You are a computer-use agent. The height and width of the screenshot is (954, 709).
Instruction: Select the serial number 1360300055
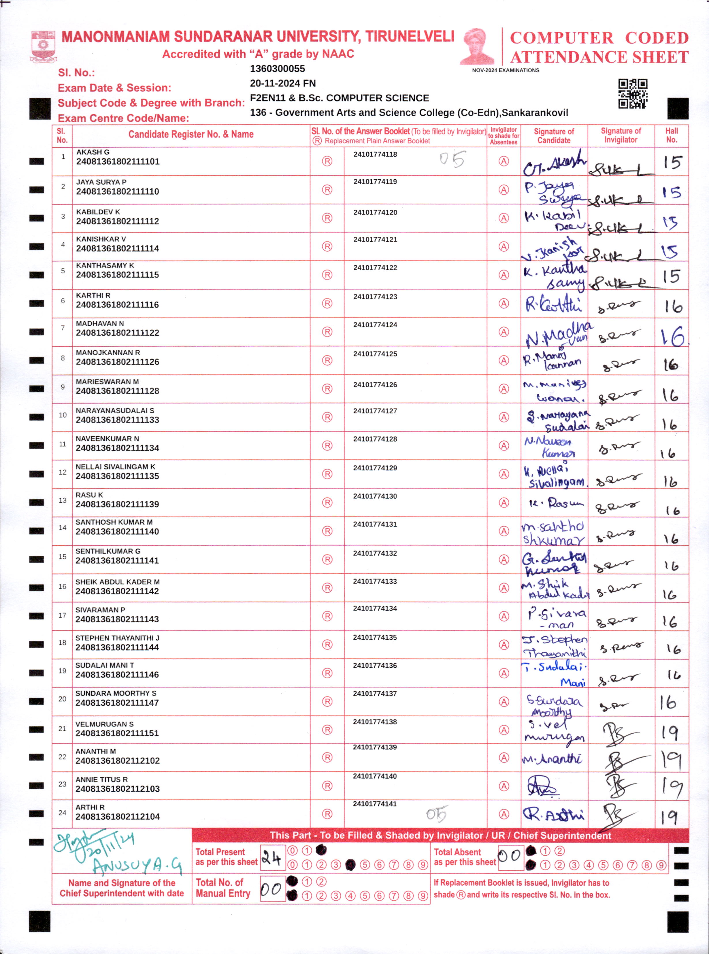[277, 69]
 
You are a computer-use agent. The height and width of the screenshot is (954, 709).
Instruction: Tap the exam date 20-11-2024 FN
[282, 83]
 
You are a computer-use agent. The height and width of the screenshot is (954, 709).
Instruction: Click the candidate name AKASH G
[93, 152]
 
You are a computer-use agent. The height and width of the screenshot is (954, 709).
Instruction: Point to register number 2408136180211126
[117, 362]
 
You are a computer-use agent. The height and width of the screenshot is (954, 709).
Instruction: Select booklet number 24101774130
[375, 496]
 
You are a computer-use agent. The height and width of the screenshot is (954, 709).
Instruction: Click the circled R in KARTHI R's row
[327, 304]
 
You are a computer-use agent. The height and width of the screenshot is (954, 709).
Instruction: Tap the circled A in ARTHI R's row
[504, 814]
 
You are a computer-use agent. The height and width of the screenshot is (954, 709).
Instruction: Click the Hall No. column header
[671, 135]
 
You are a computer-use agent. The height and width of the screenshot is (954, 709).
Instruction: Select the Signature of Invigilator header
[621, 135]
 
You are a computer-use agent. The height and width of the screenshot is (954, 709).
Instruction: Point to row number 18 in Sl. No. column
[62, 643]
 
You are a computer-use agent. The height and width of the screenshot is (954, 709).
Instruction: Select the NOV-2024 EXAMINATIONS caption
[505, 70]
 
